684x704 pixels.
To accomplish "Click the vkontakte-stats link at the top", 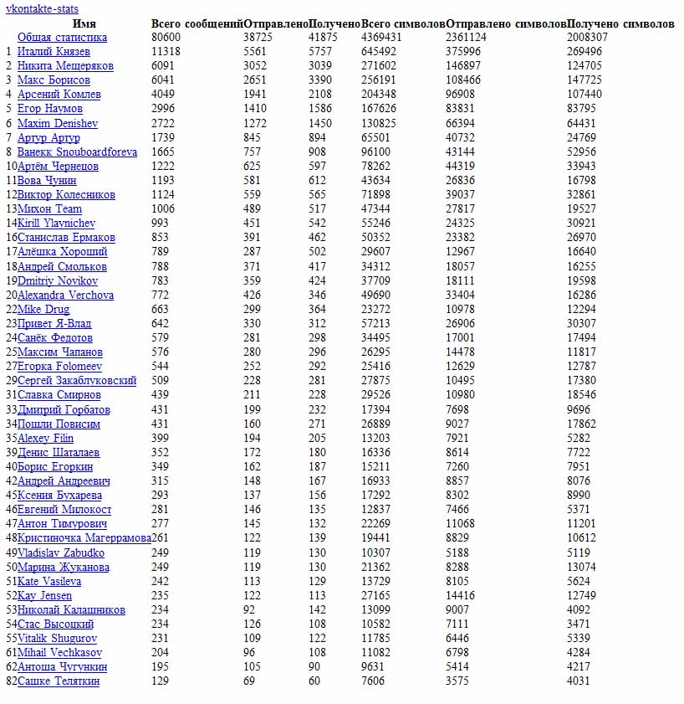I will (42, 9).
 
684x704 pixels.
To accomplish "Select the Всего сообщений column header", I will (197, 24).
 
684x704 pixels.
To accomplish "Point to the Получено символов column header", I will (620, 24).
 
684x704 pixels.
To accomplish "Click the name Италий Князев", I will (54, 52).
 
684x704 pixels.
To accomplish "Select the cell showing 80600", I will (166, 38).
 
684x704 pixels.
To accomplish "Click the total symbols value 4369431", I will (381, 38).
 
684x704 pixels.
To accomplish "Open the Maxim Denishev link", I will (58, 123).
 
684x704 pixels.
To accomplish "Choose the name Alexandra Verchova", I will (65, 295).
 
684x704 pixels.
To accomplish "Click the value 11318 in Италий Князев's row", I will (166, 52).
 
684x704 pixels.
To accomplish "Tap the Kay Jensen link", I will (44, 595).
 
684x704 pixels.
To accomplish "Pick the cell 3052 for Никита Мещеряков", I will (255, 66).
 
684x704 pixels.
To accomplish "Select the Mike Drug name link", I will (43, 309).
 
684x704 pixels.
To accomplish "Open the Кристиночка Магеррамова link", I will (84, 537).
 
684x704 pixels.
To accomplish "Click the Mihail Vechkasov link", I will (59, 652).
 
